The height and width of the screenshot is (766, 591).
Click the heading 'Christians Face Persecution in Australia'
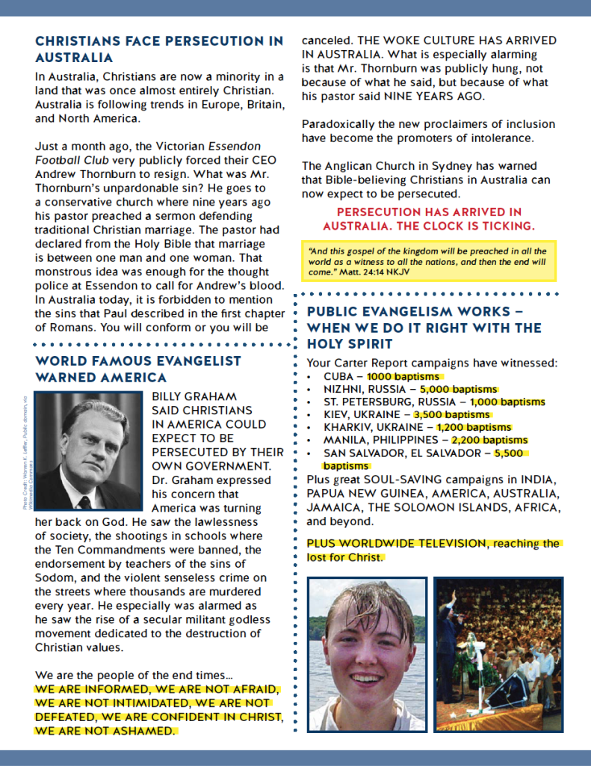(159, 49)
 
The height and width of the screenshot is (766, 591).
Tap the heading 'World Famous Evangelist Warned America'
(138, 369)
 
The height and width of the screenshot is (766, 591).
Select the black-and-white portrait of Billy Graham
(88, 451)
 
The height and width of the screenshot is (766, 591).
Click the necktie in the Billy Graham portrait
(84, 501)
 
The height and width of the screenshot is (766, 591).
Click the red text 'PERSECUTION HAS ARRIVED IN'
(429, 212)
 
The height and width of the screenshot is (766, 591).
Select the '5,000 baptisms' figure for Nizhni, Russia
(458, 390)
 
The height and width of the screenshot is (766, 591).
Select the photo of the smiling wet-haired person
(367, 654)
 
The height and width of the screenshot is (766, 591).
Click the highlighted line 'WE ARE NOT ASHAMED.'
(105, 731)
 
